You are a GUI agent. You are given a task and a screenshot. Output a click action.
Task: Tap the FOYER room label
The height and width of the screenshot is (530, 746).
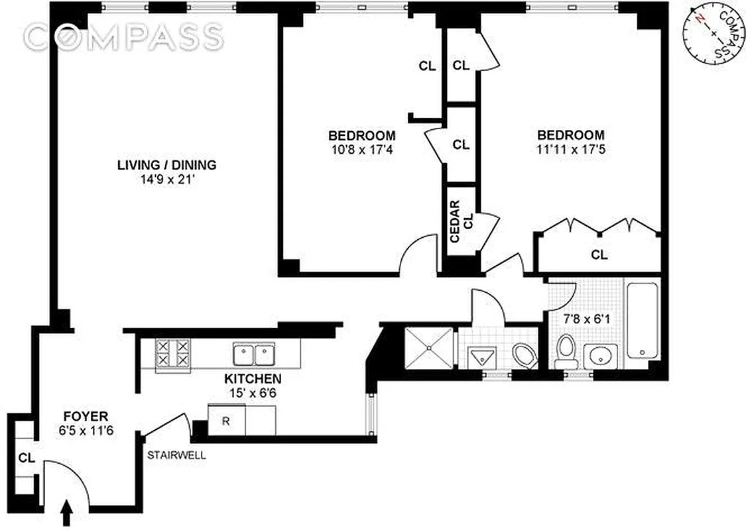coord(86,417)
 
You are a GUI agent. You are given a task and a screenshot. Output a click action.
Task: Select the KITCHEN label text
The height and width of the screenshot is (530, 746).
coord(252,379)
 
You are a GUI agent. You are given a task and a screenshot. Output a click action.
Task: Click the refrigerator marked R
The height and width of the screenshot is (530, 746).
coord(225,421)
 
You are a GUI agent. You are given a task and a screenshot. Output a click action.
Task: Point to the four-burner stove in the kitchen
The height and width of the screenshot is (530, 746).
coord(172,354)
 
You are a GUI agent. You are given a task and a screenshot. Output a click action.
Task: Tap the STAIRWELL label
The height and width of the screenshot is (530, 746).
coord(176,456)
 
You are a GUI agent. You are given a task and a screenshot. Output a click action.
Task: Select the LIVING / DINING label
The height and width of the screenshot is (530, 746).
coord(166,165)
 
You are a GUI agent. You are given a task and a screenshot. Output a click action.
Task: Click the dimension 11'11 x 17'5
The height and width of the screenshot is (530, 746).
coord(571,150)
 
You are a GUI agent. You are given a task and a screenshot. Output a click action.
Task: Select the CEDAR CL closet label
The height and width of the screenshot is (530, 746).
coord(462,222)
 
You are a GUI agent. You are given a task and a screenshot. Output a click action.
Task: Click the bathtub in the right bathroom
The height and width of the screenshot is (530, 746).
coord(642,319)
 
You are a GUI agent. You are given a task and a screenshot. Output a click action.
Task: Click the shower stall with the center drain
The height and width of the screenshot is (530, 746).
coord(428,345)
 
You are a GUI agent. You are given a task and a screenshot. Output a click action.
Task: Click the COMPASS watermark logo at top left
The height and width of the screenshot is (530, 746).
coord(123,36)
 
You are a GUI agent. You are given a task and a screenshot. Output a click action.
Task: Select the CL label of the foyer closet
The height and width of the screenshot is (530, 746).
coord(26,457)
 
